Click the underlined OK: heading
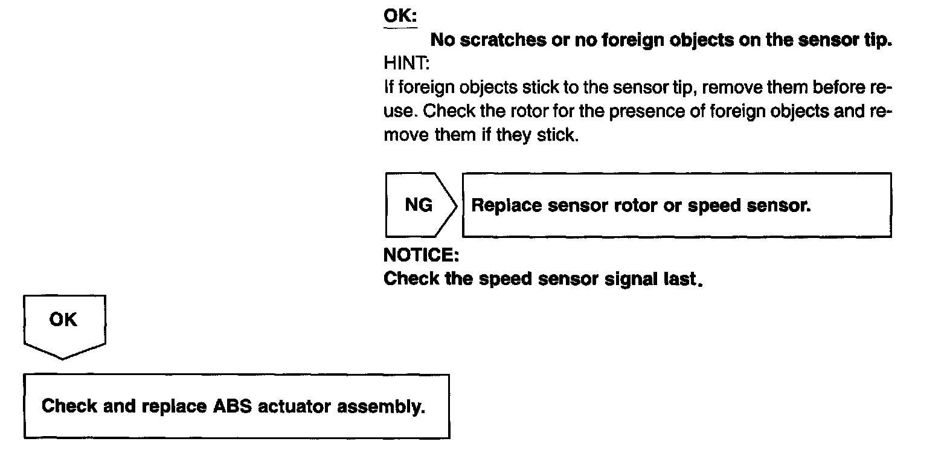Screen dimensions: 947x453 (x=400, y=16)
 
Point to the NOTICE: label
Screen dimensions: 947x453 (x=421, y=255)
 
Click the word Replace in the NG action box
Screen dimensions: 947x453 (x=507, y=205)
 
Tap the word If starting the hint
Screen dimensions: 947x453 (x=388, y=88)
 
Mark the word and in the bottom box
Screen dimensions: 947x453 (x=118, y=406)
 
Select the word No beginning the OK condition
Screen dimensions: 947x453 (x=441, y=40)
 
